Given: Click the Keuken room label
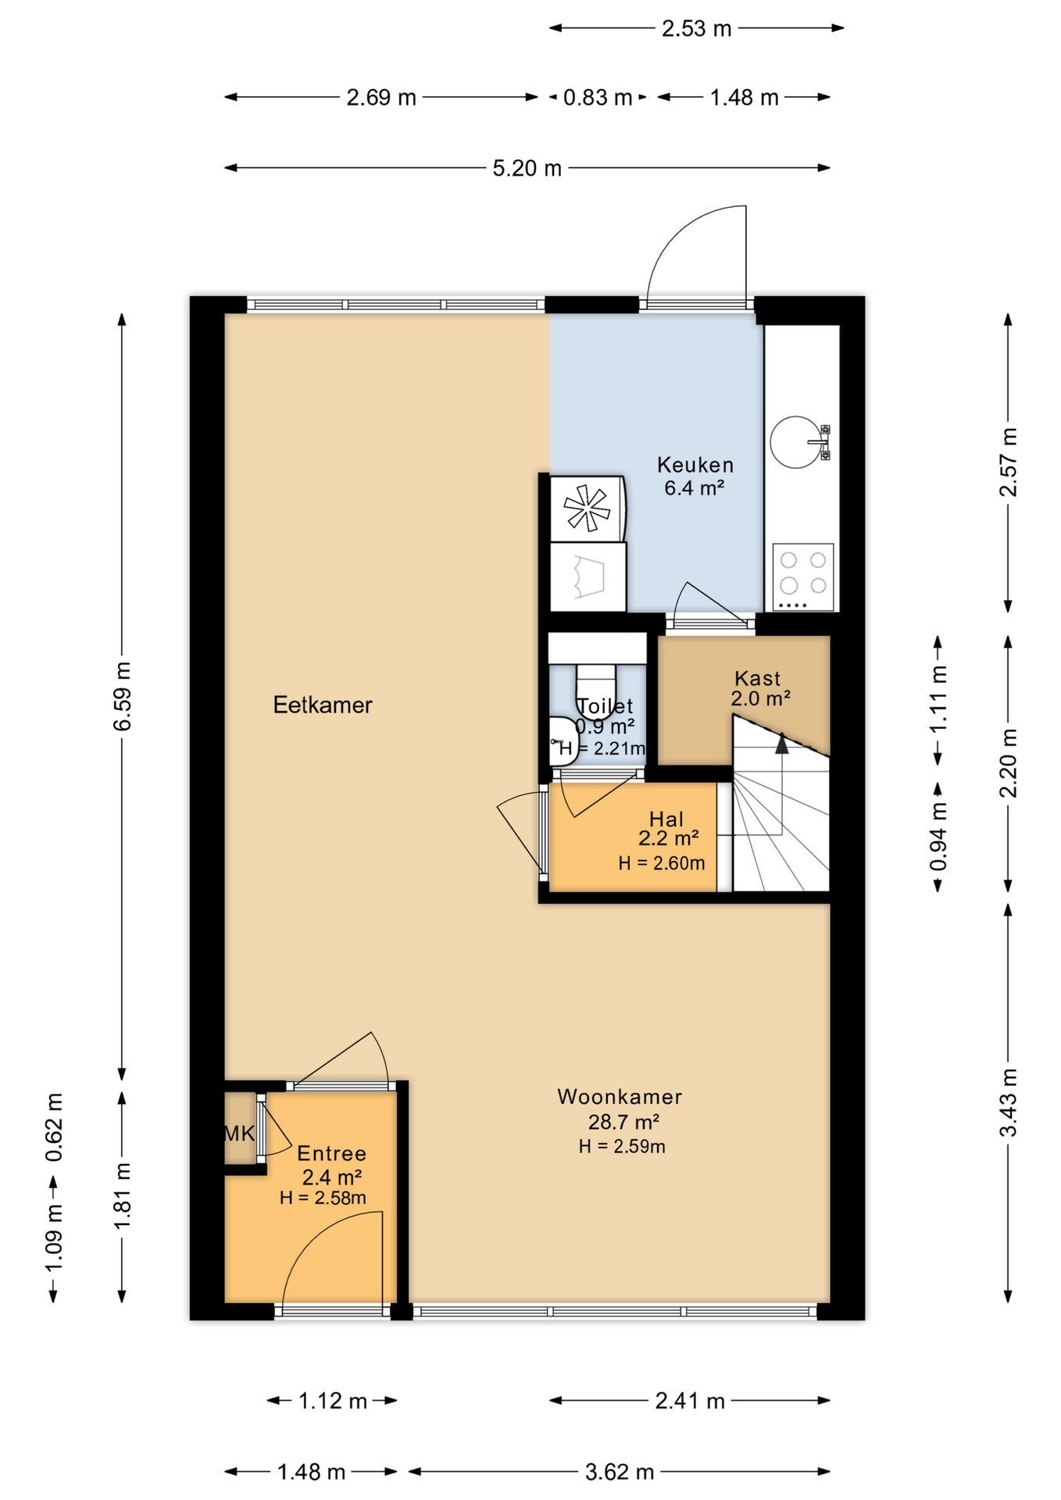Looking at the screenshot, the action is point(695,465).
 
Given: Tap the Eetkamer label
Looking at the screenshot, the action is point(323,705).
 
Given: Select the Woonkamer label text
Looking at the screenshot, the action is point(620,1097).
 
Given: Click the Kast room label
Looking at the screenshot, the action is point(757,678).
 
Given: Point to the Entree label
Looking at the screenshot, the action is point(332,1153).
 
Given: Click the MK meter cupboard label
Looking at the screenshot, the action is point(239,1134).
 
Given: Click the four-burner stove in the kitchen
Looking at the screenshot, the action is point(803,577).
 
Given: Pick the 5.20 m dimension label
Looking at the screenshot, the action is point(527,168).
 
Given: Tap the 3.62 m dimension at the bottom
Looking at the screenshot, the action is point(620,1472).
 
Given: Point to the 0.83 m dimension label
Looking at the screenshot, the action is point(598,98).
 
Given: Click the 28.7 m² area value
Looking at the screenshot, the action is point(623,1122).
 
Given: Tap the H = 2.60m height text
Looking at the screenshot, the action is point(662,862).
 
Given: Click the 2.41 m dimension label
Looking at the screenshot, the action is point(690,1401).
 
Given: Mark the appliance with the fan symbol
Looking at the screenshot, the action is point(588,509).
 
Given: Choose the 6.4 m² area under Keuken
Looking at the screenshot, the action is point(695,488).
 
